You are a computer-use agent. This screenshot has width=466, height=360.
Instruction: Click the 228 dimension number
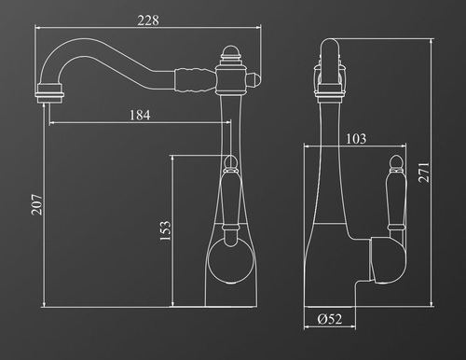coord(148,21)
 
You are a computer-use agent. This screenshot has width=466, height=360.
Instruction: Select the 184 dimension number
coord(140,115)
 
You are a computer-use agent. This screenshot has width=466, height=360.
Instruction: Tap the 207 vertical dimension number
coord(36,204)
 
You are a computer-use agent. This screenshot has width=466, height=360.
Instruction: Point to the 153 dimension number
coord(165,230)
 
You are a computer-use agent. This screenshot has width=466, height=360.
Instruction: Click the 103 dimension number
coord(356,139)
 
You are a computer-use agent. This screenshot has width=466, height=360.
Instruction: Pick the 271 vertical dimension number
coord(424,173)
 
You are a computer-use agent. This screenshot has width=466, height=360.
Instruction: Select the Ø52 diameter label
coord(330,319)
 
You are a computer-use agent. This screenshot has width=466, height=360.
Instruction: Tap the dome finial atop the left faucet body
coord(230,51)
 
